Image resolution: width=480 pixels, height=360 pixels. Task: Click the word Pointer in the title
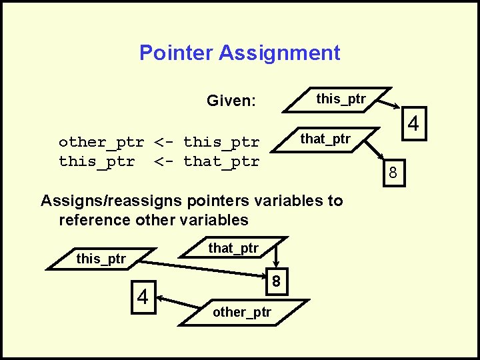173,53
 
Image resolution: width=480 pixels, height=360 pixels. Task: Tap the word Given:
231,101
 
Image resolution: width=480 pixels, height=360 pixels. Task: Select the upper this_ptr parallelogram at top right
341,99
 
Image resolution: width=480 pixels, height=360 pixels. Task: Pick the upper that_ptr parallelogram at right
325,139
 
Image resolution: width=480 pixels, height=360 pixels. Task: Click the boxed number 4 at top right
413,125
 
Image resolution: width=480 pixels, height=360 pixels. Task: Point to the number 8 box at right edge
393,173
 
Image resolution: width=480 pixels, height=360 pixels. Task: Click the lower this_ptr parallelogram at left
101,259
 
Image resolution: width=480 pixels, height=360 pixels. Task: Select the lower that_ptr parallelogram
233,249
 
